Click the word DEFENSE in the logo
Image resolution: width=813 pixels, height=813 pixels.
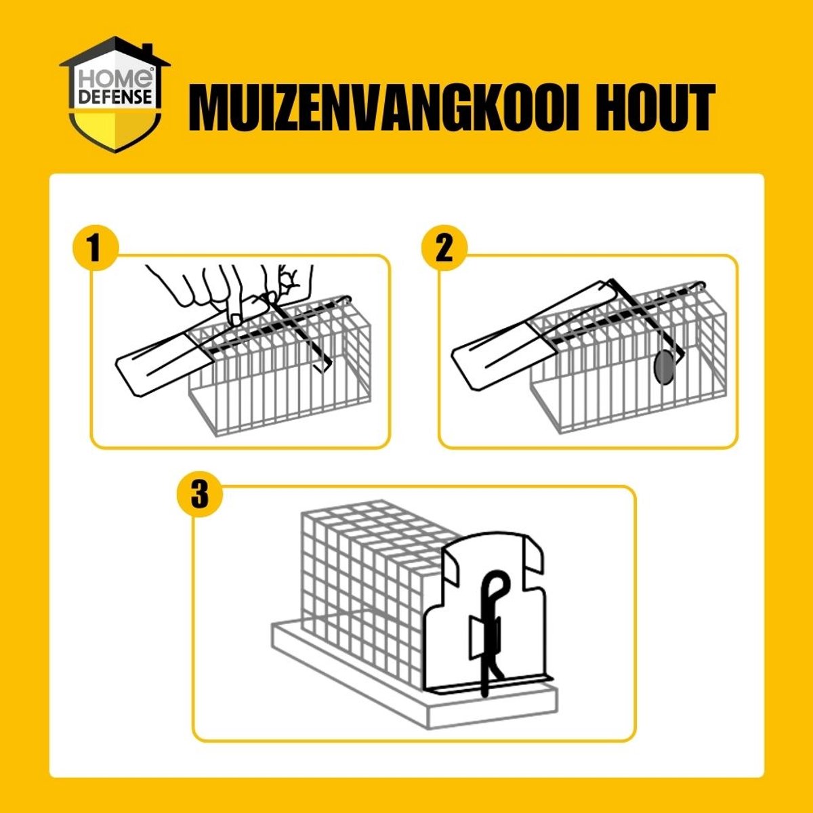(115, 97)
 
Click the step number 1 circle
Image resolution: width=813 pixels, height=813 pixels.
(95, 248)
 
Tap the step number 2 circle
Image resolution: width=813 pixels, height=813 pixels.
(443, 248)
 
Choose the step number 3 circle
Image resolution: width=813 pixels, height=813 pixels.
(199, 494)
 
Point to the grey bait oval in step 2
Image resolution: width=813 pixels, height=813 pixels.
(664, 369)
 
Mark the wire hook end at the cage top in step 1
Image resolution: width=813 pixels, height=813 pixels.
(346, 299)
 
